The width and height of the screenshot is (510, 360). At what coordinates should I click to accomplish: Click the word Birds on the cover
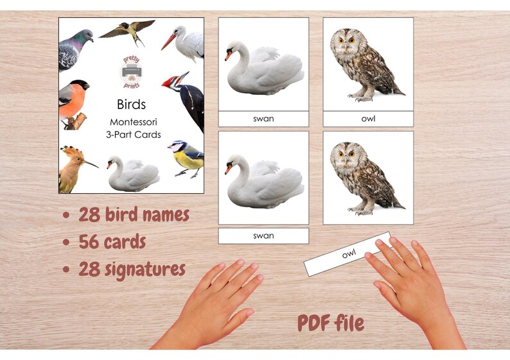click(x=131, y=104)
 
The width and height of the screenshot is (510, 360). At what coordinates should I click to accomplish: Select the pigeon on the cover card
click(x=74, y=48)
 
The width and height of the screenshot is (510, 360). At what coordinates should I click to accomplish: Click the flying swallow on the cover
click(x=127, y=30)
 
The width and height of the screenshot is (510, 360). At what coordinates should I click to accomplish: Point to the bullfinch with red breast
click(x=72, y=100)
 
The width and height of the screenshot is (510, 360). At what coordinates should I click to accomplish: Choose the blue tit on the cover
click(x=186, y=158)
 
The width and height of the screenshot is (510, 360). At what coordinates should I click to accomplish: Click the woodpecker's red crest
click(x=170, y=81)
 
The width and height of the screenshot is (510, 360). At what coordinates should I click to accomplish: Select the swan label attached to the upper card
click(x=263, y=119)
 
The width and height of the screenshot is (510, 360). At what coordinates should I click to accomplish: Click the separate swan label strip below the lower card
click(x=263, y=236)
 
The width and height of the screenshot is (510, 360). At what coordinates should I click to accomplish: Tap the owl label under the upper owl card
click(x=368, y=119)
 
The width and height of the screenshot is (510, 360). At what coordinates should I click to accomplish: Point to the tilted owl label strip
click(x=347, y=254)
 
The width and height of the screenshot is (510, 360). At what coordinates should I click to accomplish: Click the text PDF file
click(x=331, y=323)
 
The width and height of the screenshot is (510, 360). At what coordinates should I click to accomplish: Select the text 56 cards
click(x=112, y=242)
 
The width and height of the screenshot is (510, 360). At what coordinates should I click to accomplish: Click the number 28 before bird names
click(x=89, y=214)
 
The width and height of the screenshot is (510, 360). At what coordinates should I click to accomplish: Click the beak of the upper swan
click(x=229, y=56)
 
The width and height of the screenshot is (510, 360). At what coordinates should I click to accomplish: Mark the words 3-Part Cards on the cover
click(x=134, y=135)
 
